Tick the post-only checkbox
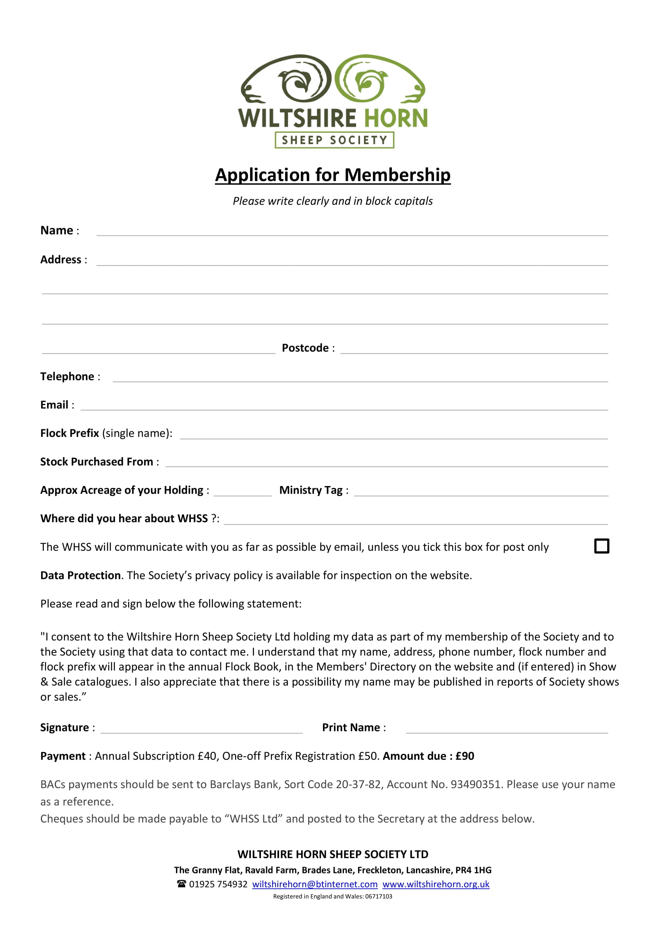[x=601, y=546]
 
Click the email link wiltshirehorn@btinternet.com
[x=314, y=884]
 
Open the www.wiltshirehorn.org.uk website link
[x=436, y=884]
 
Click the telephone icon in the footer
[x=181, y=883]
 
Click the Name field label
[x=57, y=231]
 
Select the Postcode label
[x=305, y=348]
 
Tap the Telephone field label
[x=67, y=376]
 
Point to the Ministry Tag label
[x=311, y=490]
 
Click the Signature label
[x=64, y=727]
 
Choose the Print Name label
[x=351, y=727]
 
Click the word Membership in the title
[x=397, y=175]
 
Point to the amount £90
[x=465, y=756]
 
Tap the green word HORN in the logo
[x=396, y=118]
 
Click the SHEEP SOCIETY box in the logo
[x=334, y=140]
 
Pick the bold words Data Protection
[x=81, y=575]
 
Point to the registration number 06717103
[x=379, y=896]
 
